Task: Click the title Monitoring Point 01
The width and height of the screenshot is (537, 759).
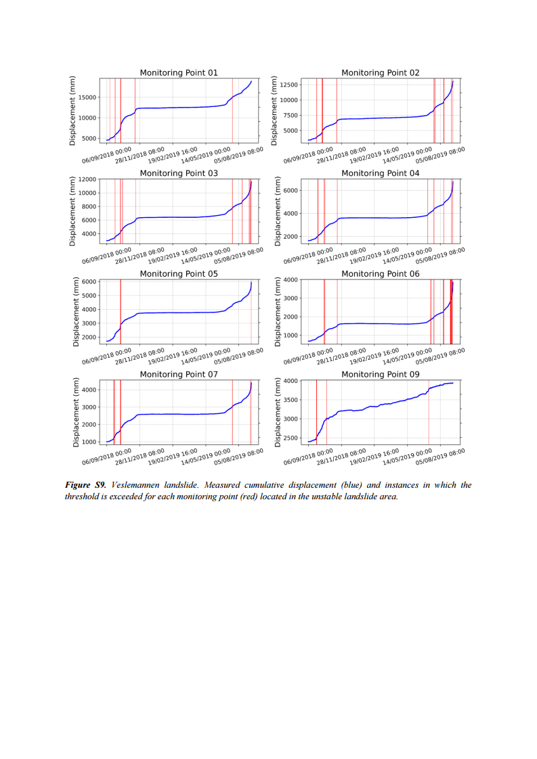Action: (x=178, y=72)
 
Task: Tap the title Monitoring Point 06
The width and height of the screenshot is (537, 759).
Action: (x=380, y=274)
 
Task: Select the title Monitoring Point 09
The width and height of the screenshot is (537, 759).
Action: (x=380, y=374)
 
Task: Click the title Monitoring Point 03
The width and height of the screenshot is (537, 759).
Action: (x=178, y=173)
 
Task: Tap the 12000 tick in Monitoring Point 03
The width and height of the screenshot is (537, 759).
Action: (x=85, y=179)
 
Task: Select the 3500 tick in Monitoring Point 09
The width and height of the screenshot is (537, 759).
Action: (x=289, y=400)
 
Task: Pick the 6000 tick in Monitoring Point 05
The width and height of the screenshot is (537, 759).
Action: (x=88, y=281)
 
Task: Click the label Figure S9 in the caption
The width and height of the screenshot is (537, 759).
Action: (x=85, y=485)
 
